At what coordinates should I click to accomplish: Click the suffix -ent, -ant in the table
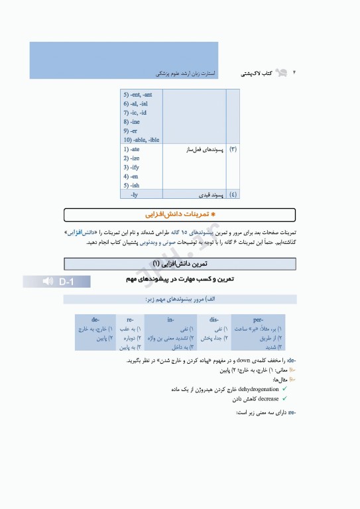coord(137,95)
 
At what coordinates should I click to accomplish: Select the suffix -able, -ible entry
coord(141,140)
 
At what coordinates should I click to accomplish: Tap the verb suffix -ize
coord(131,158)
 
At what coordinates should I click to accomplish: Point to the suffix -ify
coord(131,168)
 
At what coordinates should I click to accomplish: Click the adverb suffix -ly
coord(134,195)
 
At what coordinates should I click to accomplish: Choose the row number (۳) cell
coord(233,150)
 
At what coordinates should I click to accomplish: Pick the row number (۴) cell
coord(233,195)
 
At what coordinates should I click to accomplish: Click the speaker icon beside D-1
coord(48,282)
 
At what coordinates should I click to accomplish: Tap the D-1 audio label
coord(66,282)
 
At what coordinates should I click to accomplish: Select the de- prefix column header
coord(96,319)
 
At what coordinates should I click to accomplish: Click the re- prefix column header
coord(130,319)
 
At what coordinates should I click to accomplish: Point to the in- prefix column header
coord(171,319)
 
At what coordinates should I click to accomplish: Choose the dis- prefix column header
coord(213,319)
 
